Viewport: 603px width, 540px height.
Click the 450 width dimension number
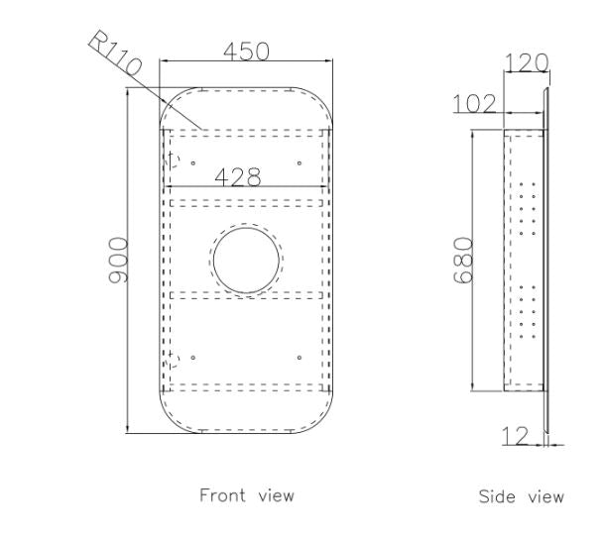tap(247, 52)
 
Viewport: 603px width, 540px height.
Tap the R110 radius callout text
tap(115, 53)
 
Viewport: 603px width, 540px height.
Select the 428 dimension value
tap(238, 177)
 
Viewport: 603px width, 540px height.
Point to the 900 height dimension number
tap(118, 260)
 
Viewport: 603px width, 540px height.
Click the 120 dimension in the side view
tap(526, 63)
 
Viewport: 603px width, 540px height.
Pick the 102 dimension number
tap(474, 104)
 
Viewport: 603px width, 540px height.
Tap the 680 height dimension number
tap(462, 260)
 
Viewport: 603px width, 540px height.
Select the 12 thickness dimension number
tap(516, 436)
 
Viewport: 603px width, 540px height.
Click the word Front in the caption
tap(222, 494)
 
